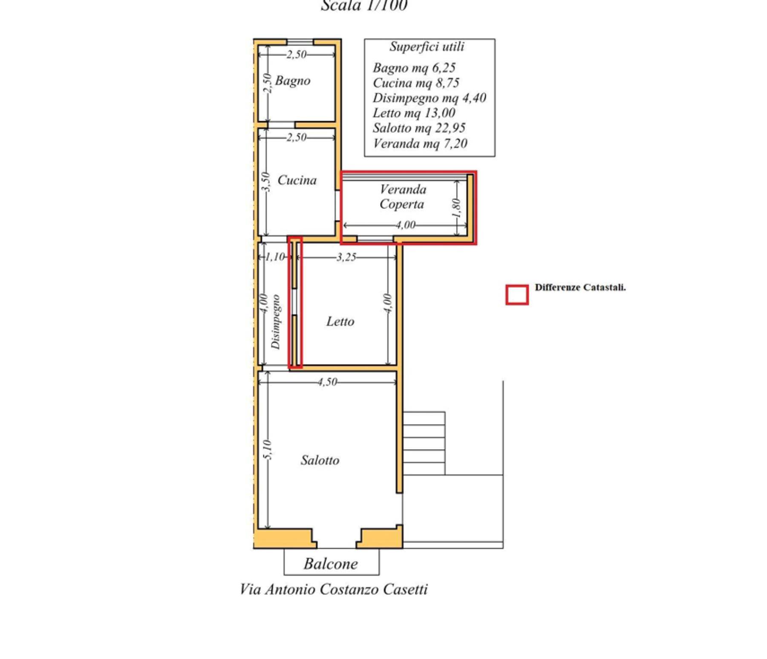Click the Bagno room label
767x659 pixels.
[x=293, y=81]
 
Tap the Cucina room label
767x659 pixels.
[x=297, y=180]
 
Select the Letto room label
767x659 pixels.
[x=340, y=321]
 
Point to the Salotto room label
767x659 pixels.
[x=320, y=460]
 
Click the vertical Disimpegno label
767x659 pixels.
[x=276, y=322]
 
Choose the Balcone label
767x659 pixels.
[x=331, y=564]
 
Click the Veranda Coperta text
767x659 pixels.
[x=403, y=197]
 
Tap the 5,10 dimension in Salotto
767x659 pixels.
[x=267, y=450]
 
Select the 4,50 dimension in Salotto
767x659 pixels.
[x=327, y=382]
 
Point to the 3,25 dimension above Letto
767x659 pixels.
[x=346, y=257]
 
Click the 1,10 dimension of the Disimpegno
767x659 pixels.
[x=275, y=257]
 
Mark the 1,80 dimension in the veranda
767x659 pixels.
[x=456, y=208]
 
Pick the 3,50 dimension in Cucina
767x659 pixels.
[x=265, y=182]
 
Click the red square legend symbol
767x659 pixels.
[x=517, y=295]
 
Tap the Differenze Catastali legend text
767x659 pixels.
[x=580, y=287]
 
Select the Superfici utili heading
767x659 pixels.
[x=427, y=46]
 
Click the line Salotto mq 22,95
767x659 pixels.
[x=419, y=128]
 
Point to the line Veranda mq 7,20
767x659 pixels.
[x=420, y=143]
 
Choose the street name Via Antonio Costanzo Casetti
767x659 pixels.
[x=334, y=589]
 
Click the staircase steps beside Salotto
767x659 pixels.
[x=424, y=443]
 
